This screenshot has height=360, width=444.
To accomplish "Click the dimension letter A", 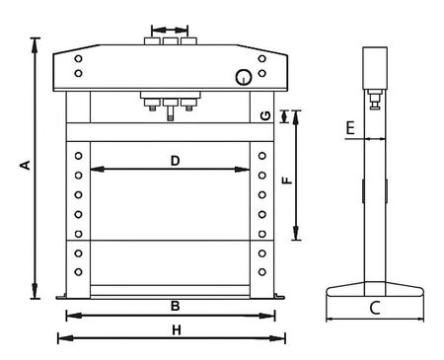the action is tap(26, 165).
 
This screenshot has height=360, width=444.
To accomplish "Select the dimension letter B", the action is tap(176, 306).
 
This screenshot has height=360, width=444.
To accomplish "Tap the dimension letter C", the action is tap(375, 308).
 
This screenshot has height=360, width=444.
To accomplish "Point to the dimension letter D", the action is tap(176, 161).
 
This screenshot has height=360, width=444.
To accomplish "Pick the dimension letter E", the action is tap(350, 127).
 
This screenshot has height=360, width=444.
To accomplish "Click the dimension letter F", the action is tap(287, 180).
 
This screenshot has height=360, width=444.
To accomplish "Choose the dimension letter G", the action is tap(265, 115).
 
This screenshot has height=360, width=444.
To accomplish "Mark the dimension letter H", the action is tap(177, 329).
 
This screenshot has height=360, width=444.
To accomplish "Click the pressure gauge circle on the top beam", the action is tap(244, 78).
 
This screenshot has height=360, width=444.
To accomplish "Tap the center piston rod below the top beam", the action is tap(171, 113).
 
